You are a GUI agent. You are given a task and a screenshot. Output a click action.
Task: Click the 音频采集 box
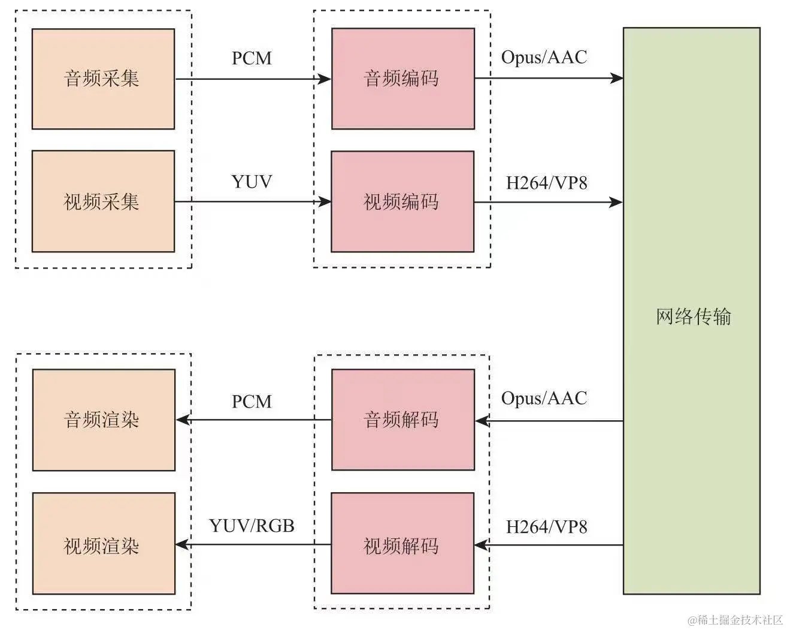coord(103,79)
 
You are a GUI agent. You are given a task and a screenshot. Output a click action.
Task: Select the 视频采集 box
coord(103,201)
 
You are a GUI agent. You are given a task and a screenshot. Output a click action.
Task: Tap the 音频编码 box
coord(402,79)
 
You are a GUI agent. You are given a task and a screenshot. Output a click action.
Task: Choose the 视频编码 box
coord(402,201)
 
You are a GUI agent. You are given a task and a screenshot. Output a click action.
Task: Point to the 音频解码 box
coord(402,420)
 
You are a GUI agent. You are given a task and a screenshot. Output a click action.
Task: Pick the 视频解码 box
coord(402,544)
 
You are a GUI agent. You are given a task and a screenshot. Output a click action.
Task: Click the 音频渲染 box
coord(103,420)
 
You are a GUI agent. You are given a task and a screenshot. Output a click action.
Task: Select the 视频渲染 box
coord(103,544)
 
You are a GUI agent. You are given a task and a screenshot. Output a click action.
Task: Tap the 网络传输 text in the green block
coord(693,316)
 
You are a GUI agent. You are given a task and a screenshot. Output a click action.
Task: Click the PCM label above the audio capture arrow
coord(252,59)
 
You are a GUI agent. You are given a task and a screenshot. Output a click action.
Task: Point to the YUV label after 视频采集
coord(252,182)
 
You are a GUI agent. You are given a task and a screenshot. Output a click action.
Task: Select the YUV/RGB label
coord(252,526)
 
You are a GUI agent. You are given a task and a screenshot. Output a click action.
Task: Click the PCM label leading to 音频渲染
coord(252,401)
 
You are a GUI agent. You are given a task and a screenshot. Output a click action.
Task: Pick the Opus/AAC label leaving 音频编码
coord(544,58)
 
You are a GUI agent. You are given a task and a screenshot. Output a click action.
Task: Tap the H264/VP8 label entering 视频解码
coord(546,527)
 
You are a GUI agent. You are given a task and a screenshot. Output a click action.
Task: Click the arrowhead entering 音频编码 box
coord(325,79)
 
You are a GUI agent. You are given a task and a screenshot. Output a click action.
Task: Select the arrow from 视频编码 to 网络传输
coord(548,202)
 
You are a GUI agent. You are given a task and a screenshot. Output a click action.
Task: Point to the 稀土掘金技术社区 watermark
coord(735,620)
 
